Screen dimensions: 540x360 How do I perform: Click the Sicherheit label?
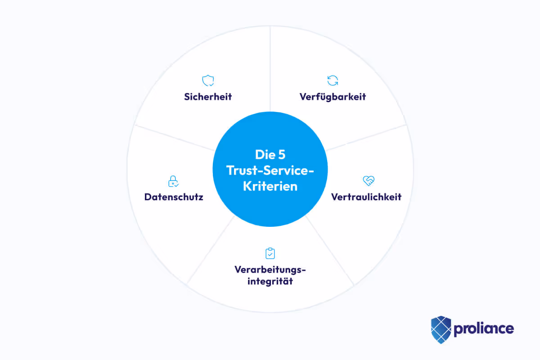(x=208, y=97)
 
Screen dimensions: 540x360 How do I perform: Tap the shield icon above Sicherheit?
(x=208, y=81)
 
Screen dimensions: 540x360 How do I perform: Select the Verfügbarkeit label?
(x=333, y=97)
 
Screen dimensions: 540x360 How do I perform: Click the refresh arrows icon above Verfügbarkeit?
(x=333, y=81)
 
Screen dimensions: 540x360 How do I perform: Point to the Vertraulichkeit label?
(x=366, y=197)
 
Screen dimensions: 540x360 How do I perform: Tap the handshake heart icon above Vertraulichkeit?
(x=369, y=181)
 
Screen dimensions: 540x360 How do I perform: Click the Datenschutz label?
(x=174, y=197)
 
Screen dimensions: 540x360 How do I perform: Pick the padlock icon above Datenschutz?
(x=173, y=181)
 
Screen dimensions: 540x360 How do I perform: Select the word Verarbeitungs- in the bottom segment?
(x=270, y=270)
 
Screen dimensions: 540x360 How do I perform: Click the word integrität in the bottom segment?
(x=270, y=282)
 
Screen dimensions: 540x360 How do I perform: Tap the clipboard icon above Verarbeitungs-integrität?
(x=270, y=253)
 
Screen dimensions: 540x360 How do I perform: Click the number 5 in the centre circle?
(x=281, y=155)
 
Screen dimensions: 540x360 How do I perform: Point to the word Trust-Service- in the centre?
(x=270, y=171)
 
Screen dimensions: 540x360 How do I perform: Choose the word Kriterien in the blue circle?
(x=270, y=186)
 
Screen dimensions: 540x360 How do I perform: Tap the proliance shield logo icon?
(x=441, y=328)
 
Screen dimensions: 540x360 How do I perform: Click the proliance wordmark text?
(x=483, y=328)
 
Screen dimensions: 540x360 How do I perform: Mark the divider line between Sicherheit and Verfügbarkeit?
(x=270, y=67)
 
